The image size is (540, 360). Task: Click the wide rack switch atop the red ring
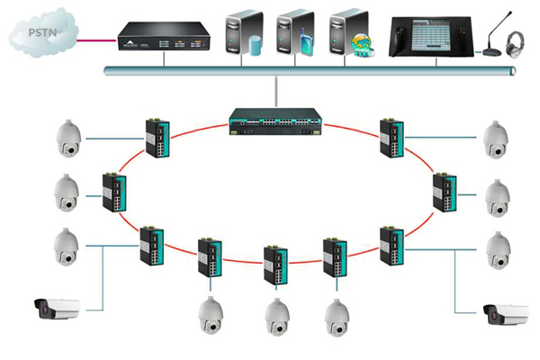273,122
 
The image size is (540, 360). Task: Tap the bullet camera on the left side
56,309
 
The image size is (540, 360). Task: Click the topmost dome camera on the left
69,137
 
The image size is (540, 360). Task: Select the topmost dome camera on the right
494,137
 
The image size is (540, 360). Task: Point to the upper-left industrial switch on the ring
154,138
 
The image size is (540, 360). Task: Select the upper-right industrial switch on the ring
392,138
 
